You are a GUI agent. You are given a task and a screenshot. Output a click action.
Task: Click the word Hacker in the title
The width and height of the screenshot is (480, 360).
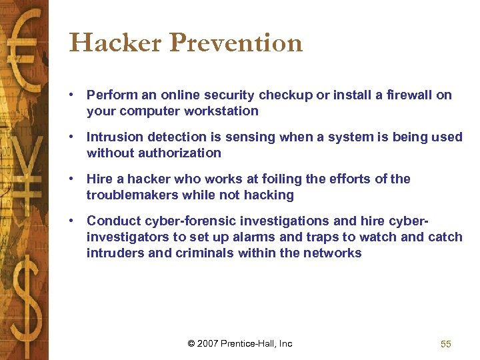coord(115,43)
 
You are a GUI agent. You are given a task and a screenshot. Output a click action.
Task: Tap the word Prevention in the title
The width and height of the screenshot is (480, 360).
coord(237,43)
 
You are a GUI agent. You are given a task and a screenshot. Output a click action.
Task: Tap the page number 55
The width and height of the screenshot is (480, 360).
coord(446,344)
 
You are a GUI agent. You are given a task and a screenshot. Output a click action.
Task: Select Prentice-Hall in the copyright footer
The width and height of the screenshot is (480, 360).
coord(251,344)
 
